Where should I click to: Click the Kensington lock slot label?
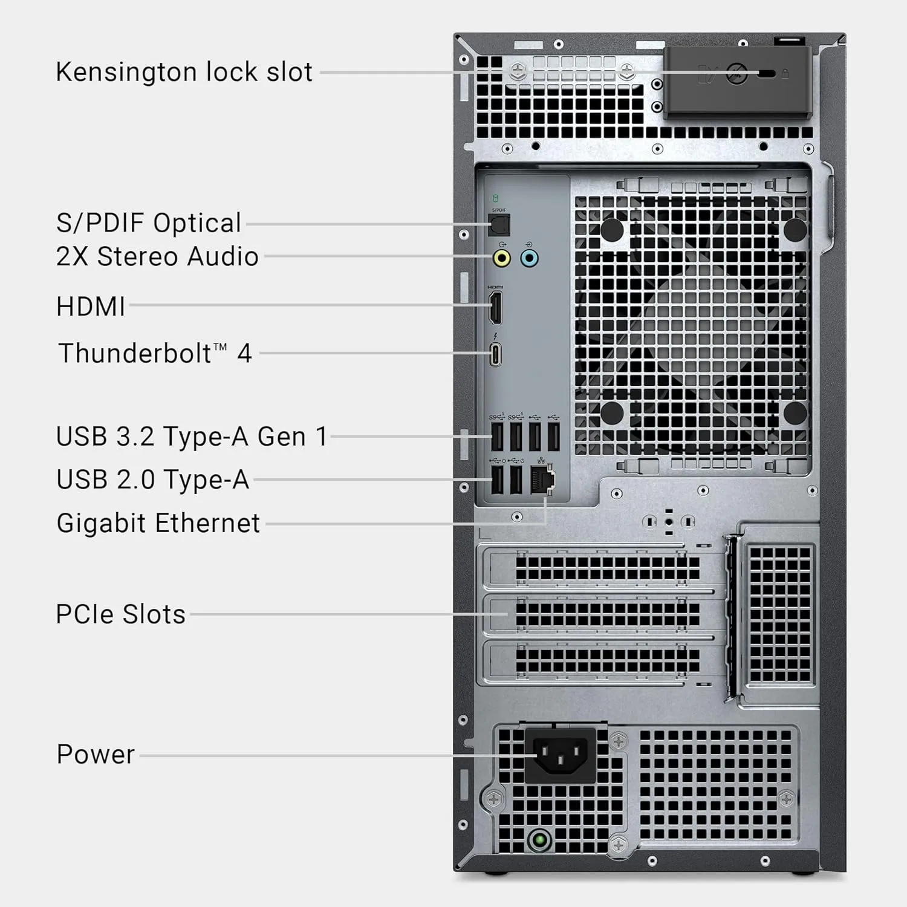(x=184, y=72)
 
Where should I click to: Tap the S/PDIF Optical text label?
(x=149, y=223)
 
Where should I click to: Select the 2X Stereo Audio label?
(x=157, y=256)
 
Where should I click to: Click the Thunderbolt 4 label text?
(x=155, y=353)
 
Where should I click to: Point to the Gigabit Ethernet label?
(x=158, y=523)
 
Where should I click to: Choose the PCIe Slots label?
(x=120, y=614)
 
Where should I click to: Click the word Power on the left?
(x=96, y=755)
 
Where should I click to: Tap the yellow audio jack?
(x=501, y=259)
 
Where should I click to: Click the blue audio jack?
(x=529, y=259)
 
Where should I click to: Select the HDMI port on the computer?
(x=495, y=307)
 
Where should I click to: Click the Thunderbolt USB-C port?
(x=495, y=355)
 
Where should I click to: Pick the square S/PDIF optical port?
(x=499, y=226)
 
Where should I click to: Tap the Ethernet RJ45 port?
(x=542, y=480)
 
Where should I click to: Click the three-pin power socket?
(x=560, y=756)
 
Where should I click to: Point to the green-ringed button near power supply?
(x=539, y=840)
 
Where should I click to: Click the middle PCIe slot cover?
(x=605, y=614)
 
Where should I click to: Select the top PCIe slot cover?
(x=605, y=569)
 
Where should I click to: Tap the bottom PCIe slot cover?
(x=605, y=660)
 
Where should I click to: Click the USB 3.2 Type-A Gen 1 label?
(x=192, y=437)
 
